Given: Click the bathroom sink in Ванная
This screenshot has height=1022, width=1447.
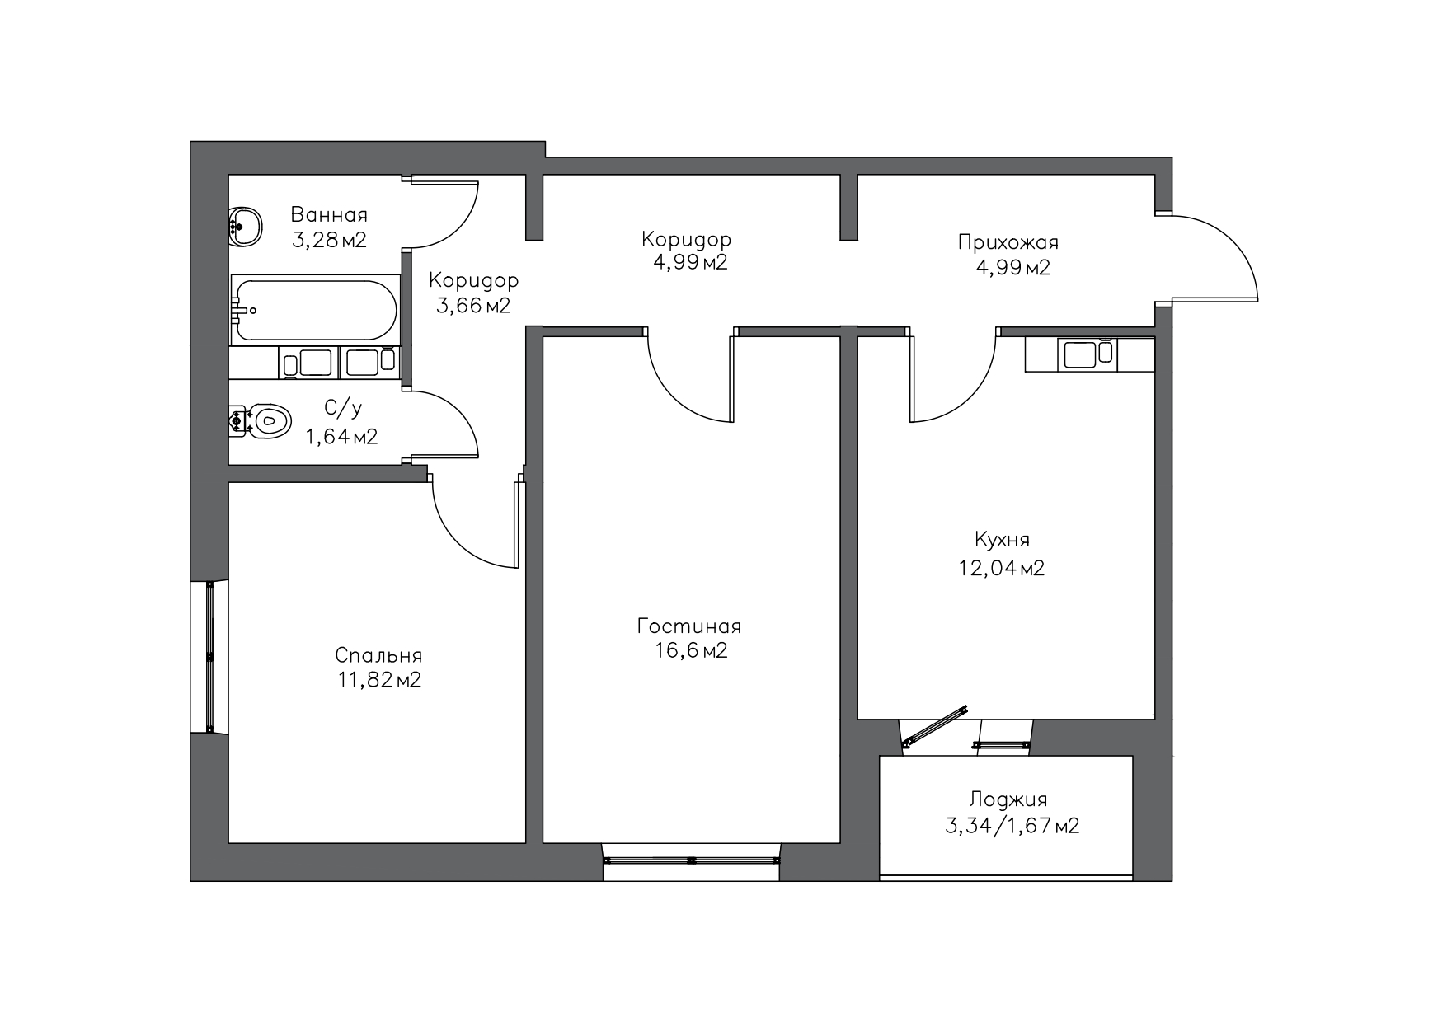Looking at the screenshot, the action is [244, 226].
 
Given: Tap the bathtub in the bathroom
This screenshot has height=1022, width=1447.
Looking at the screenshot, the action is [316, 310].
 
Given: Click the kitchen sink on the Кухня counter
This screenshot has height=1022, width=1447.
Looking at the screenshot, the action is [1088, 354].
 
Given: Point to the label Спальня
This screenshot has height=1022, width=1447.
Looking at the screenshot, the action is [378, 655].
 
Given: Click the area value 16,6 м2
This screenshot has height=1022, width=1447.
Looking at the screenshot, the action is [691, 651].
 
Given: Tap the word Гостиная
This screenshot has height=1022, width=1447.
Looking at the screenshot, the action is [689, 626].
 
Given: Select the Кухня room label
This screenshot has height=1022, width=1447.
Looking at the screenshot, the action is [1002, 540].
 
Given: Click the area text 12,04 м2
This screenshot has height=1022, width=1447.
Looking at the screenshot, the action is [1002, 568].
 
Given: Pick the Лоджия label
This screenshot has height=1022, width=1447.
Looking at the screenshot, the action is [1008, 799].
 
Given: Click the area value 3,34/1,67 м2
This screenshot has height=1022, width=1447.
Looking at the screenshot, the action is [1012, 826].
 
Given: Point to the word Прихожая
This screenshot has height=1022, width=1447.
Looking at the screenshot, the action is [1008, 242].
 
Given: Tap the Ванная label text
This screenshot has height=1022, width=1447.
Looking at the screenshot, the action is [329, 215].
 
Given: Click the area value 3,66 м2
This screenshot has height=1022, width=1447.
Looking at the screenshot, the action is [473, 306].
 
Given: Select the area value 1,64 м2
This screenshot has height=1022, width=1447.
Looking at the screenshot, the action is [341, 437].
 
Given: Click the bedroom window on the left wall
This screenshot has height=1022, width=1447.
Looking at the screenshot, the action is [209, 657].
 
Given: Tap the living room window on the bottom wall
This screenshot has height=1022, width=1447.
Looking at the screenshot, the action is [691, 860].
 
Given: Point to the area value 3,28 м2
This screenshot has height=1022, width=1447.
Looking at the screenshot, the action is [329, 241].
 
